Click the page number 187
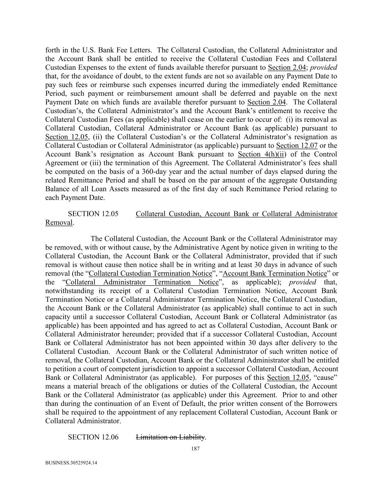point(195,449)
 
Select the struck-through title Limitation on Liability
point(170,437)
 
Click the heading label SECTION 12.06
point(93,437)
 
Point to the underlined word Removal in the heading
point(59,223)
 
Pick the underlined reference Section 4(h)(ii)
point(262,154)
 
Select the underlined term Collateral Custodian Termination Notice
point(150,273)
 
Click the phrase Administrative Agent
point(187,247)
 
